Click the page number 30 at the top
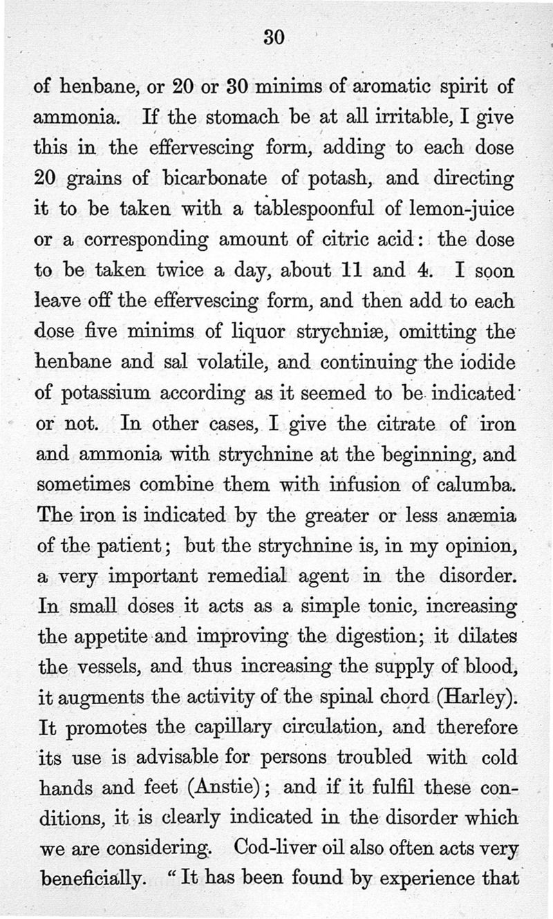click(x=274, y=38)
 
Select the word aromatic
click(x=388, y=88)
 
